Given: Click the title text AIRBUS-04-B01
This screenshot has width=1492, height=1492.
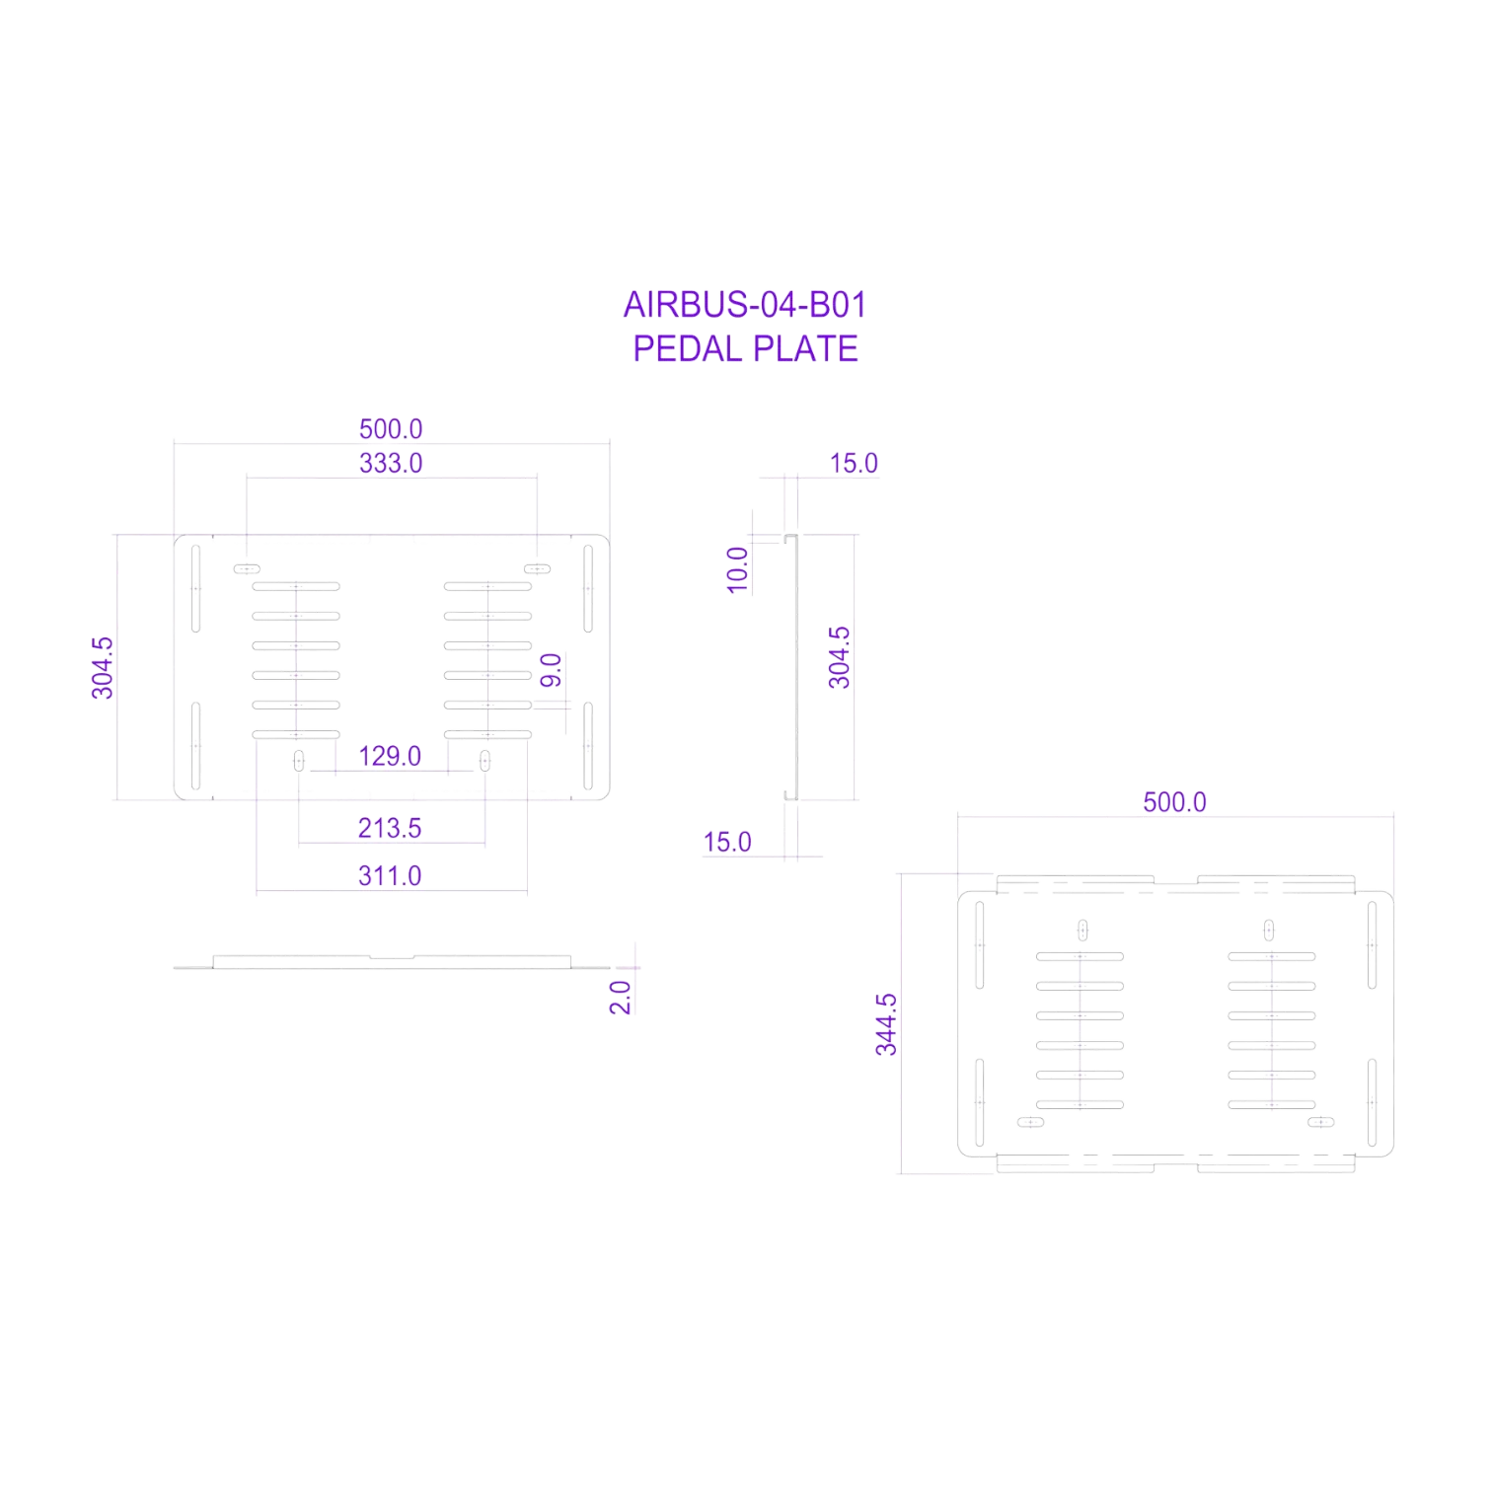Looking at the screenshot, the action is click(745, 305).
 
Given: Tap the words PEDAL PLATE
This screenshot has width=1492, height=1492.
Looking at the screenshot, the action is click(745, 348).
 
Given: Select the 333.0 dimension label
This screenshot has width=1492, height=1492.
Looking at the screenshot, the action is click(391, 463).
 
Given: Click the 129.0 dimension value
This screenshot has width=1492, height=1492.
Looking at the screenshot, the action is click(390, 756).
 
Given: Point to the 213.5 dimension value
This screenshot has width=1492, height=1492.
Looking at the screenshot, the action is click(390, 828).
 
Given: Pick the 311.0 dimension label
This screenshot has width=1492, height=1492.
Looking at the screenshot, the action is click(390, 875).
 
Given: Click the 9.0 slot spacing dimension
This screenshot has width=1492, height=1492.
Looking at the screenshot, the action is click(552, 670).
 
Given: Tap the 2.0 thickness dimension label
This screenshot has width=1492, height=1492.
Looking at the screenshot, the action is click(621, 998).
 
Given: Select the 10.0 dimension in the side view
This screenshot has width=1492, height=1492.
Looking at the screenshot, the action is click(738, 570).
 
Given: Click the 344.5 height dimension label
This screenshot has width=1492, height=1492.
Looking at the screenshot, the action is click(886, 1025).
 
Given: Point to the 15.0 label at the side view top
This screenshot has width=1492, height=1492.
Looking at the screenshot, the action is click(854, 463).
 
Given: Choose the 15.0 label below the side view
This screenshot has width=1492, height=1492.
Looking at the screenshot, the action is click(727, 842).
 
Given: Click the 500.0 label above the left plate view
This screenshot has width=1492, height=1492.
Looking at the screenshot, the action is click(391, 429).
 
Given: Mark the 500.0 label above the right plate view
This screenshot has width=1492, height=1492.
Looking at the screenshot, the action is click(1174, 802).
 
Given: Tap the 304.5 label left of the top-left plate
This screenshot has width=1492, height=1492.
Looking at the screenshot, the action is click(103, 668).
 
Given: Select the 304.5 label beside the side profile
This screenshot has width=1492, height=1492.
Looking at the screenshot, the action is click(839, 657).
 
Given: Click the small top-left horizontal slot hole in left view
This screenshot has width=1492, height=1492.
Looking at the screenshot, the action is click(247, 569).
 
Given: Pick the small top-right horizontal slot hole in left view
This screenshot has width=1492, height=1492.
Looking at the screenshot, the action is click(537, 569).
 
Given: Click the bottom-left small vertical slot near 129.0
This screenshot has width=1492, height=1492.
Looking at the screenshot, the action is click(299, 761).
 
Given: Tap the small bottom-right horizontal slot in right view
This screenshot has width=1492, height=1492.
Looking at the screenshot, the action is click(1320, 1122).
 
